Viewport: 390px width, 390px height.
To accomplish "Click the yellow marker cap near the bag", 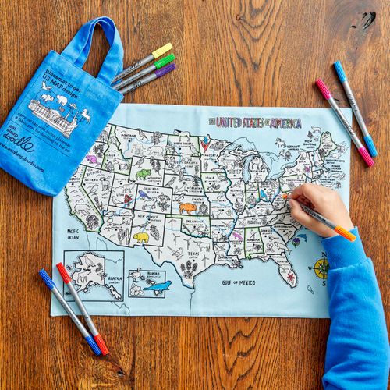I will [x=162, y=51].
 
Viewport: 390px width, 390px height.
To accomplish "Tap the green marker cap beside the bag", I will [x=165, y=61].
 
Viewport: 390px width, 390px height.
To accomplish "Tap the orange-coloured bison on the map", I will [x=187, y=208].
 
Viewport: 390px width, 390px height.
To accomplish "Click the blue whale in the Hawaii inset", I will [x=158, y=287].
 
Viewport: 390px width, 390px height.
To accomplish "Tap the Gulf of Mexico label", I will [x=238, y=282].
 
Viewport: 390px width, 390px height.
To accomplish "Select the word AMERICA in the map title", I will [x=285, y=122].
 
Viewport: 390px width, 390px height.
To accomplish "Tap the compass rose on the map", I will [x=321, y=268].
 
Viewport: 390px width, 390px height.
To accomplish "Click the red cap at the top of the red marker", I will [x=63, y=272].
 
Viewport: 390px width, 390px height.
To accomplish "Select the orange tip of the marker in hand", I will [x=345, y=233].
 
